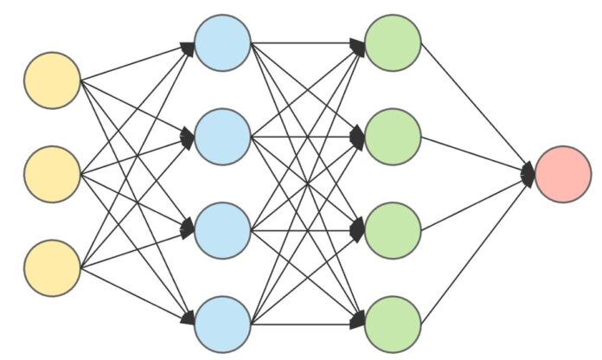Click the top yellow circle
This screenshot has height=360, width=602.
pos(53,80)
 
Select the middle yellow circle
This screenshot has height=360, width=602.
pos(53,174)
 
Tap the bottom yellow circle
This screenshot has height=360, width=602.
pos(53,268)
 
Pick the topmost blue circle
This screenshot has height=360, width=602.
pos(222,42)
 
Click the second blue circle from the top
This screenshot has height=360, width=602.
pos(222,136)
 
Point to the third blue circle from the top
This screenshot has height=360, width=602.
pos(222,230)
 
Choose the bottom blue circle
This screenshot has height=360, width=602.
pos(222,324)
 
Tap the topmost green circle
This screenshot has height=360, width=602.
pos(393,42)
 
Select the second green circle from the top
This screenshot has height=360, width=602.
pos(393,136)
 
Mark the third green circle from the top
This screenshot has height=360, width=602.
pos(393,230)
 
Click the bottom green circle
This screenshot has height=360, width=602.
pos(393,324)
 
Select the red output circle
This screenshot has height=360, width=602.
pos(563,174)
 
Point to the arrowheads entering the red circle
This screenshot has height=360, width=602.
pos(528,175)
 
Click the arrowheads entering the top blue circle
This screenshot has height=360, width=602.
pos(189,45)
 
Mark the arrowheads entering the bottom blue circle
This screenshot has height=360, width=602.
pos(189,320)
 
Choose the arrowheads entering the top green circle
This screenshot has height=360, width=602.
pos(359,45)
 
